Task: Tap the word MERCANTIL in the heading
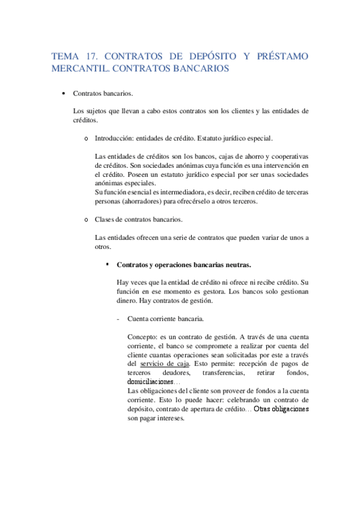(x=80, y=69)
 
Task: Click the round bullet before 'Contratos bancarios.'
(x=64, y=94)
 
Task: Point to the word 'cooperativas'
(x=288, y=156)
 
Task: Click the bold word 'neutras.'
(x=236, y=265)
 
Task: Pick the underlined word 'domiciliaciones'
(x=150, y=382)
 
